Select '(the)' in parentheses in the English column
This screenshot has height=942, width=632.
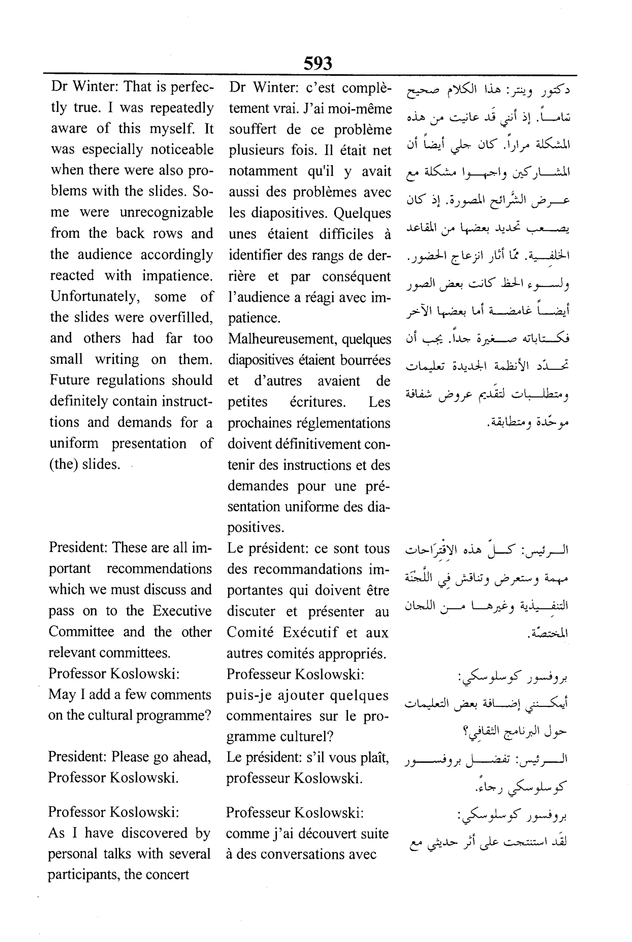point(63,464)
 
